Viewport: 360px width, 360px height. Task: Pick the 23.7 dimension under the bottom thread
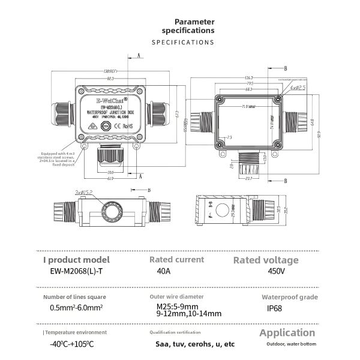click(x=249, y=178)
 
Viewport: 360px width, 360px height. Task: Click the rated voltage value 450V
click(x=272, y=271)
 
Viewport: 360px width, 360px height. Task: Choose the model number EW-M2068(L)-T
click(x=76, y=271)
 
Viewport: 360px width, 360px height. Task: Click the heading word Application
click(x=287, y=332)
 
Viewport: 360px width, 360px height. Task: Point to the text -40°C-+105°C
click(x=73, y=345)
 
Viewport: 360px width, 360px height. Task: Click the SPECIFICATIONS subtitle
click(x=183, y=43)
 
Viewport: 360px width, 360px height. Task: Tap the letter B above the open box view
click(x=286, y=69)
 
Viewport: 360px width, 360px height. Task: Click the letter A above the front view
click(x=139, y=55)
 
